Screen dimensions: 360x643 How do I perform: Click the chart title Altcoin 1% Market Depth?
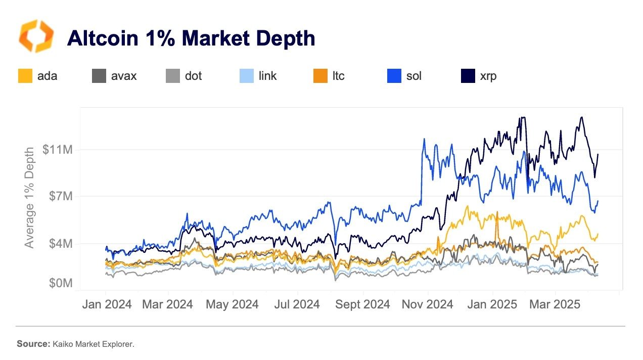(191, 38)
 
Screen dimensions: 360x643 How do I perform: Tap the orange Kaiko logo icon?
(35, 36)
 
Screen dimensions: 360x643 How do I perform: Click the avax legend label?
(124, 76)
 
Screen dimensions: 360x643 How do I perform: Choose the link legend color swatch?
(246, 76)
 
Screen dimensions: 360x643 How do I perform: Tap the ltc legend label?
(339, 76)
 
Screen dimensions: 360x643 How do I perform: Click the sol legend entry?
(404, 76)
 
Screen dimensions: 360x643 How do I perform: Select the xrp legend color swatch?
(468, 76)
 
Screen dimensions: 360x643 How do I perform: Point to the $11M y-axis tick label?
(58, 150)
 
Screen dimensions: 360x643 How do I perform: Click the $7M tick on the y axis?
(60, 196)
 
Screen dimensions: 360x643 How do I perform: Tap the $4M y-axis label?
(60, 244)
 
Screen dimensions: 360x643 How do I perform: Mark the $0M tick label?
(60, 283)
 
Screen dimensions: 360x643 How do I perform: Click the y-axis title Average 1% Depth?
(30, 197)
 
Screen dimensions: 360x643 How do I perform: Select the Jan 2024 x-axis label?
(106, 304)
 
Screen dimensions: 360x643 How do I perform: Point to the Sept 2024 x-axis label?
(362, 304)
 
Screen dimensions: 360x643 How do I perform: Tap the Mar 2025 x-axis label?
(555, 304)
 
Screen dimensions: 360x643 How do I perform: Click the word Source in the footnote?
(32, 344)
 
